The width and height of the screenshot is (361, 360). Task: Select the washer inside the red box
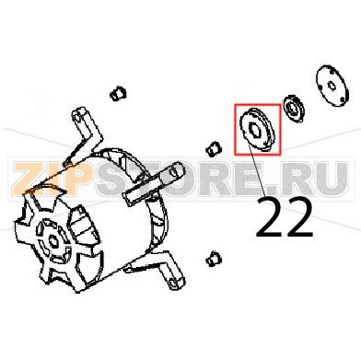(x=256, y=127)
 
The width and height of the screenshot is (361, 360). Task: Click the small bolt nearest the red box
(x=212, y=147)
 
